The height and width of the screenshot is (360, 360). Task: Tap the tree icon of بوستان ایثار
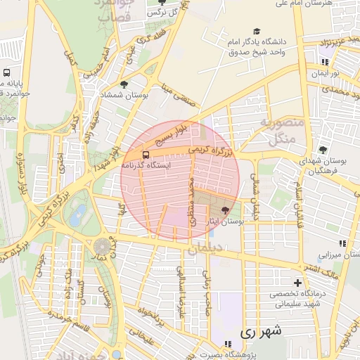click(226, 210)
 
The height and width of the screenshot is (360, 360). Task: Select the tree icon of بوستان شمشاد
click(124, 84)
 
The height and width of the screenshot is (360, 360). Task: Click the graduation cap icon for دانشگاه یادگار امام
click(257, 32)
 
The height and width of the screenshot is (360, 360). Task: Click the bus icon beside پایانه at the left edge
click(7, 73)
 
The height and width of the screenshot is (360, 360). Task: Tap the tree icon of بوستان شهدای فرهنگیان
click(323, 149)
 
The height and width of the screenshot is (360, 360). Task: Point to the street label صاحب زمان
click(207, 288)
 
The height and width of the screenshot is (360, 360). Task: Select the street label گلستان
click(81, 289)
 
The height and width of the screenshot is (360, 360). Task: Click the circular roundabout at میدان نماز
click(103, 247)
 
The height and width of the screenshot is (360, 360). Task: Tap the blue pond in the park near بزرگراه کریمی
click(78, 214)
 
